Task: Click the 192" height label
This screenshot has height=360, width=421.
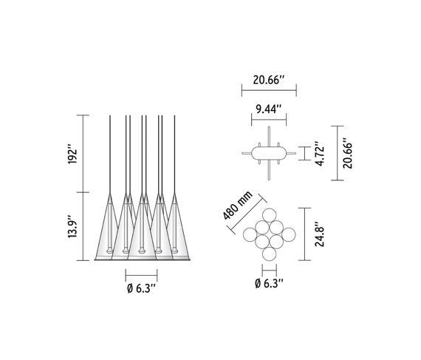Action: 72,154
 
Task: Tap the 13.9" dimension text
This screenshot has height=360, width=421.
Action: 72,226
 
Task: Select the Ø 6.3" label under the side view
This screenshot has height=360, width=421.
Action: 142,288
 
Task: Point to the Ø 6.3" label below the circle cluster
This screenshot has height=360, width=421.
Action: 269,283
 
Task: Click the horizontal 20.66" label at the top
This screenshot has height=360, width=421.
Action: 269,80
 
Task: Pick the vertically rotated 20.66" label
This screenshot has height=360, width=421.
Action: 347,153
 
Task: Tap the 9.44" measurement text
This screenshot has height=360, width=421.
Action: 269,109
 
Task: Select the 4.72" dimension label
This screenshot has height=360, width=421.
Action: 320,154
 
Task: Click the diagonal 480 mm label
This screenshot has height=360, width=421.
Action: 238,205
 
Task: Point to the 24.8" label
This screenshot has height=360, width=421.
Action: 320,234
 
